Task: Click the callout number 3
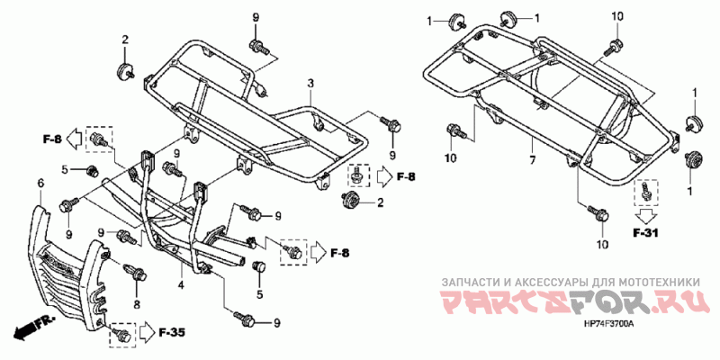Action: [309, 84]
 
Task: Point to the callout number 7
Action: [532, 161]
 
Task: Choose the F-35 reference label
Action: [172, 333]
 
